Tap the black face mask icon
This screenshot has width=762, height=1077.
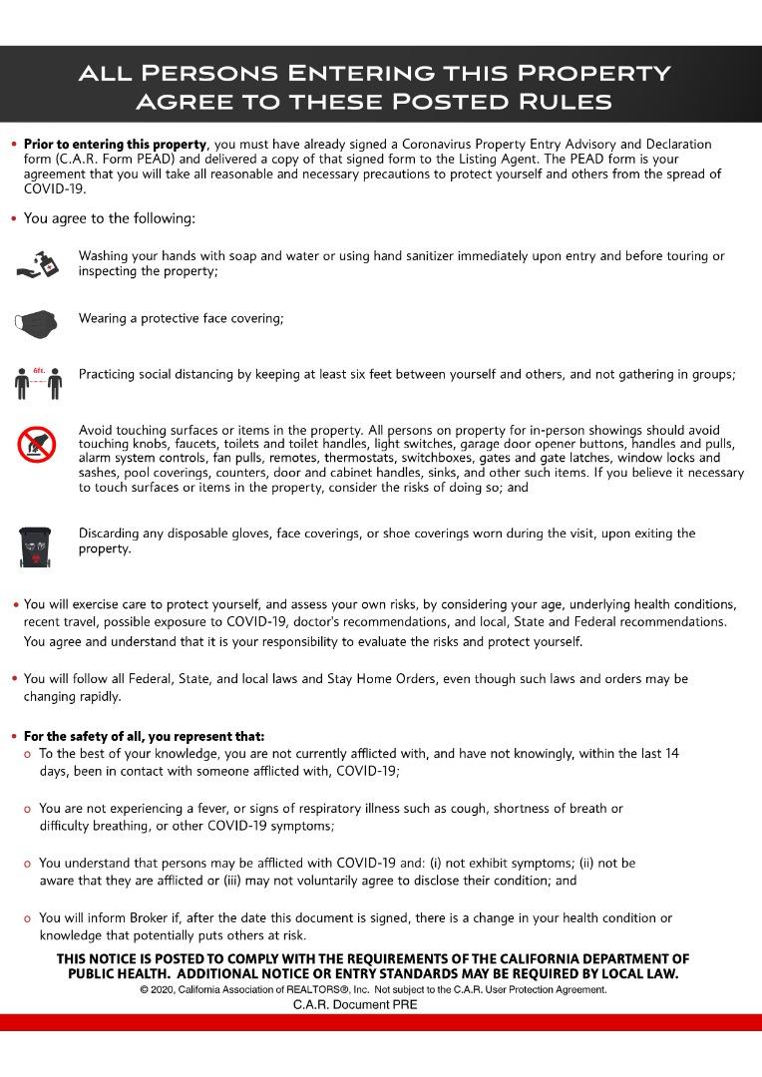coord(37,321)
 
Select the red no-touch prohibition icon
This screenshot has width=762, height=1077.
coord(37,445)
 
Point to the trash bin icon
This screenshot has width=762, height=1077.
coord(36,544)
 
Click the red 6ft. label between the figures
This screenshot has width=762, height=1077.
coord(39,369)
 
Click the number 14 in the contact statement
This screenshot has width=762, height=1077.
coord(670,754)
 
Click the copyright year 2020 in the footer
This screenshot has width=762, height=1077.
coord(166,990)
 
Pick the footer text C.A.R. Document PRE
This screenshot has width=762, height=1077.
coord(355,1005)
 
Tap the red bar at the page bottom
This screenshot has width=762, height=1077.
coord(381,1022)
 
